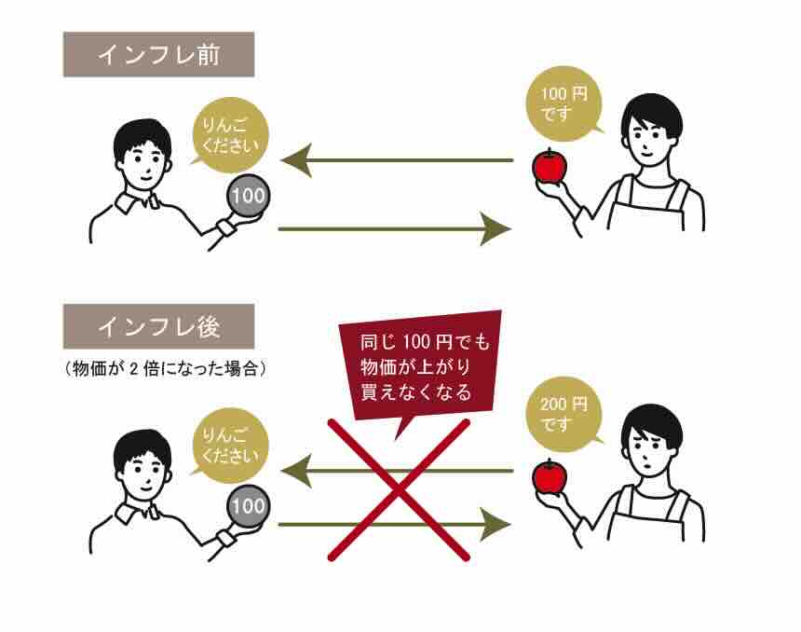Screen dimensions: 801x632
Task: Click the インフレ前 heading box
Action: (x=159, y=55)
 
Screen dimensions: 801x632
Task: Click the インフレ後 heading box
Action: (x=159, y=327)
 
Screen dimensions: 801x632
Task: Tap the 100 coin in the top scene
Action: (x=249, y=196)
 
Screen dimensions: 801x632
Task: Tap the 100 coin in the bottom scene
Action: (x=249, y=506)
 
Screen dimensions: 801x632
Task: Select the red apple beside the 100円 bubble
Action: (x=550, y=165)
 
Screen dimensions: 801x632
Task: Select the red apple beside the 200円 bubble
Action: (x=550, y=476)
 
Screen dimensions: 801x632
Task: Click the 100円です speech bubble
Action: (x=564, y=104)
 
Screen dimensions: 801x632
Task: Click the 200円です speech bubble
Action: (x=564, y=415)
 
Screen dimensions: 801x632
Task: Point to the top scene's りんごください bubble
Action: (x=229, y=134)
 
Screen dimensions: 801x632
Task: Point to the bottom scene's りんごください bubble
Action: (x=229, y=445)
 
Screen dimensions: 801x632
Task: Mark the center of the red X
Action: (x=399, y=490)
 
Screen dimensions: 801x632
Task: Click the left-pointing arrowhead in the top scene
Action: (x=296, y=160)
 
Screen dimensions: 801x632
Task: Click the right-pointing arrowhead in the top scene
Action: (x=496, y=228)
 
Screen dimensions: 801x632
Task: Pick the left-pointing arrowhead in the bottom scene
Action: (x=296, y=471)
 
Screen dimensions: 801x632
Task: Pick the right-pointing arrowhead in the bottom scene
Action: (x=496, y=525)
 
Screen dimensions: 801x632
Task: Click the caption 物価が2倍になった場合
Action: (x=165, y=368)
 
